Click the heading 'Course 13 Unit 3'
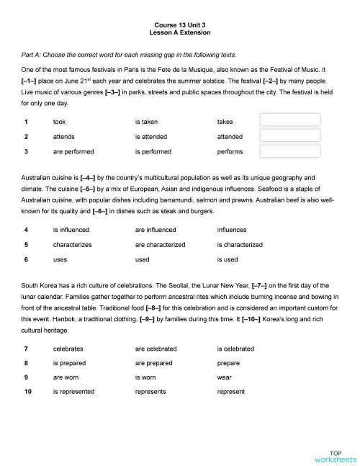179,24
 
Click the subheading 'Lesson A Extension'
179,33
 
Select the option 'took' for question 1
60,122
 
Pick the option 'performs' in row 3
230,151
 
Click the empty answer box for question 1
289,120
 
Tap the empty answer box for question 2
289,135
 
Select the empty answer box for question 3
289,151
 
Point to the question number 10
27,393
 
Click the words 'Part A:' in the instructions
33,55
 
